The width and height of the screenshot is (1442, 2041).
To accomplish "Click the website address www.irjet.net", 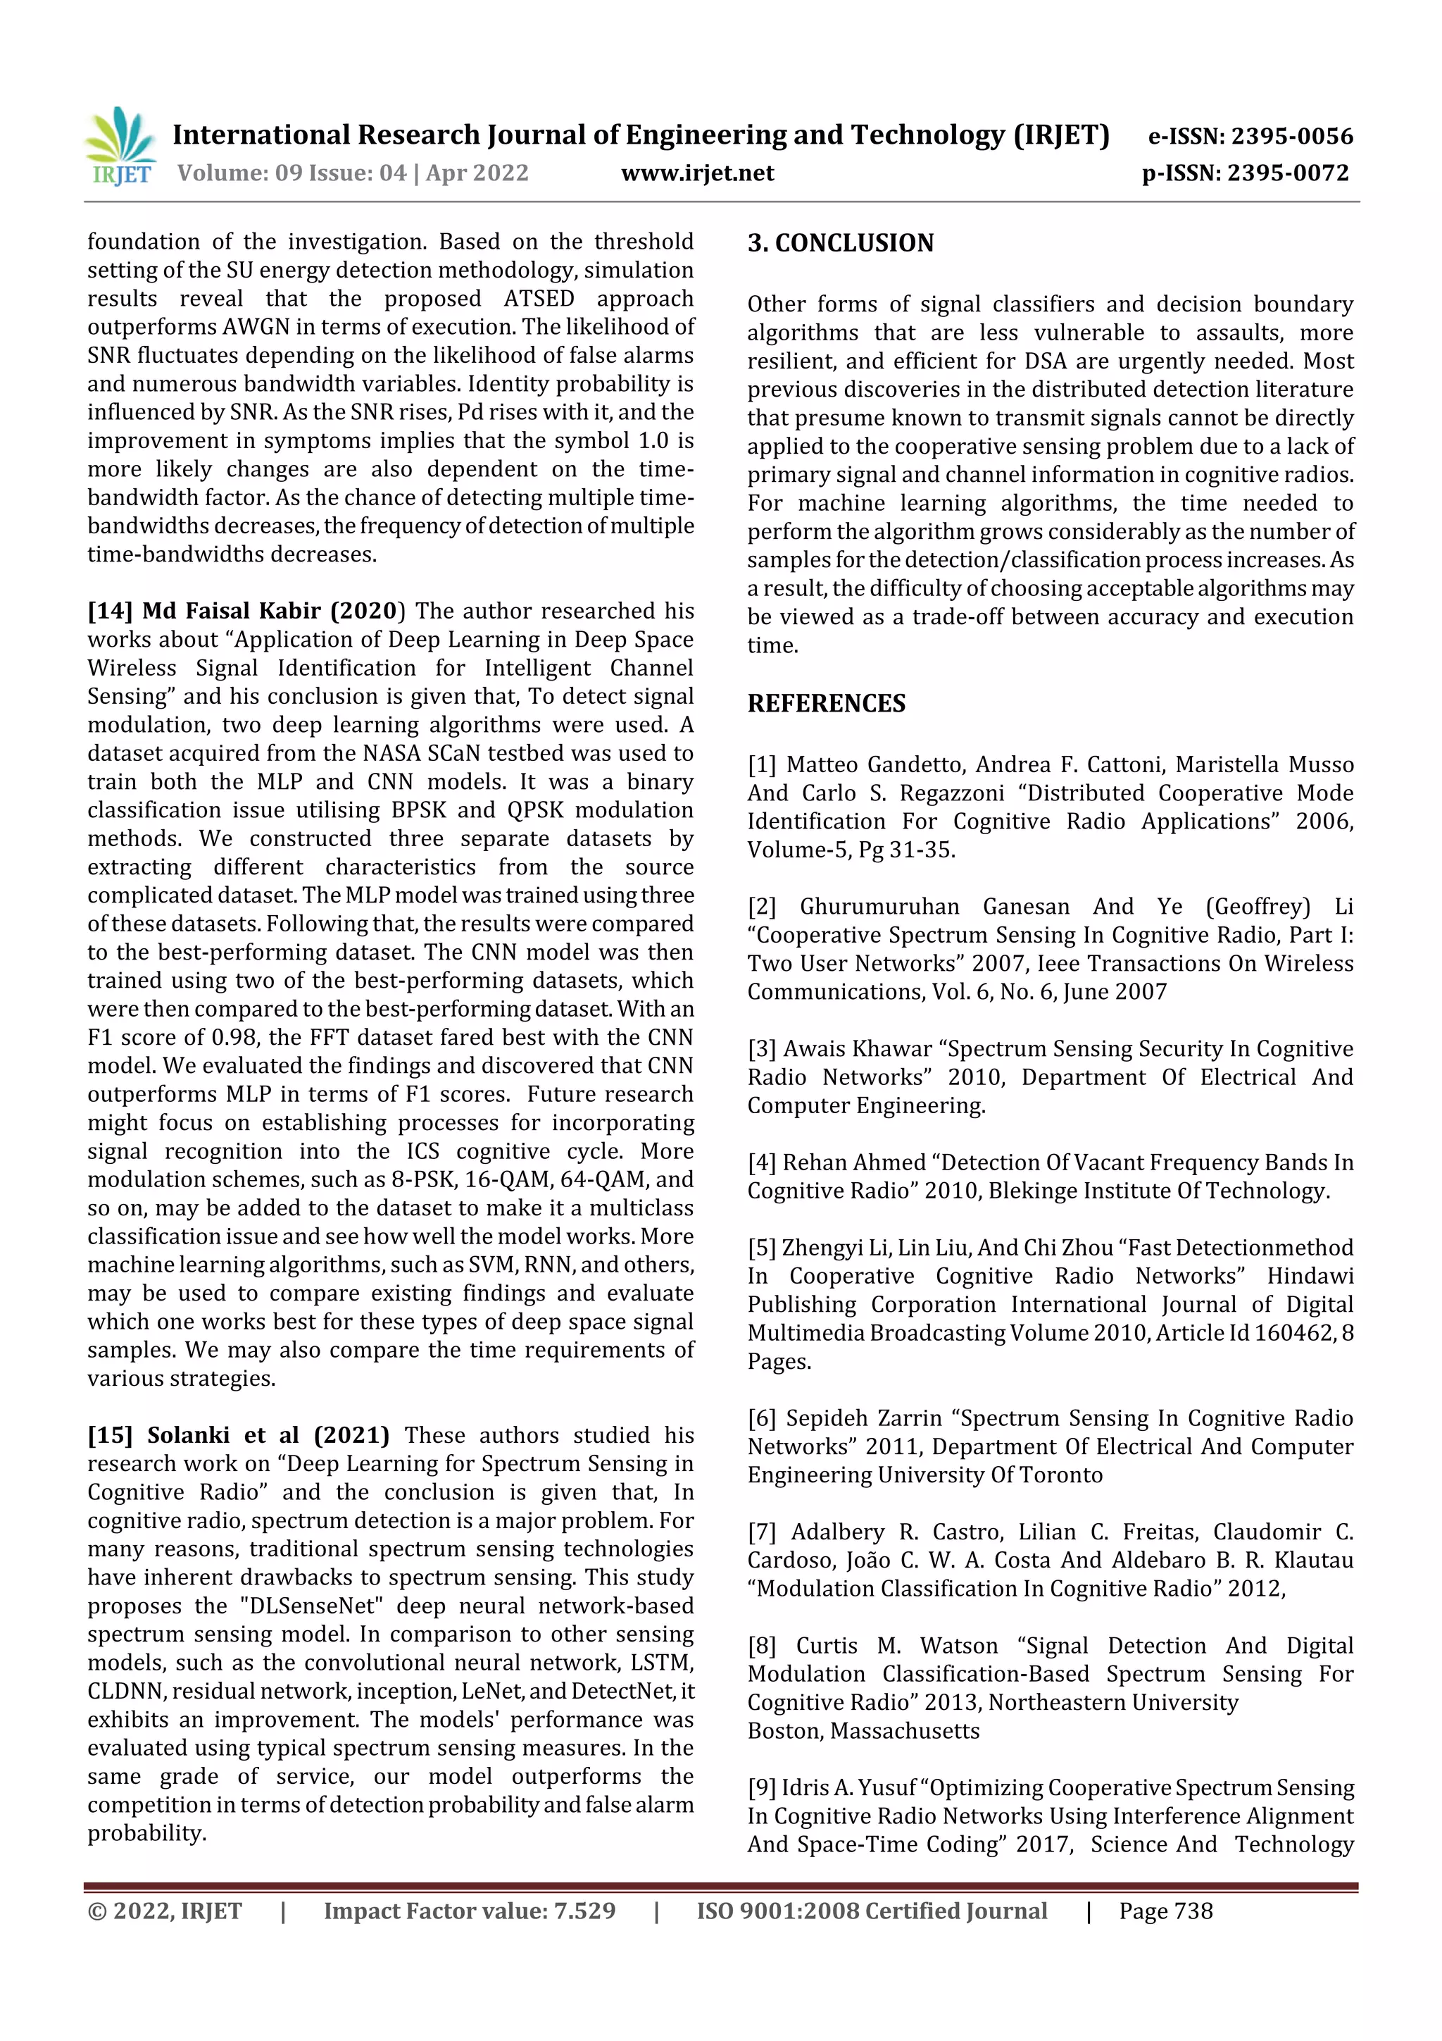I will pos(698,173).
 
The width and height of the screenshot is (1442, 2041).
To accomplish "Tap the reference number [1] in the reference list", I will pos(761,764).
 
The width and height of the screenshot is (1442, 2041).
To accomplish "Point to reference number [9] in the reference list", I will pos(761,1787).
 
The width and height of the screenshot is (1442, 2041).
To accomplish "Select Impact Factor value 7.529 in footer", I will pos(469,1911).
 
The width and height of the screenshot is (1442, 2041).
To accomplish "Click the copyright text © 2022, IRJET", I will pos(164,1911).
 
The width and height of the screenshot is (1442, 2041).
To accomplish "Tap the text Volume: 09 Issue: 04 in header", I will pos(291,173).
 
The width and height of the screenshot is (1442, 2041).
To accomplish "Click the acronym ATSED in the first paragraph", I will pos(539,298).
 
